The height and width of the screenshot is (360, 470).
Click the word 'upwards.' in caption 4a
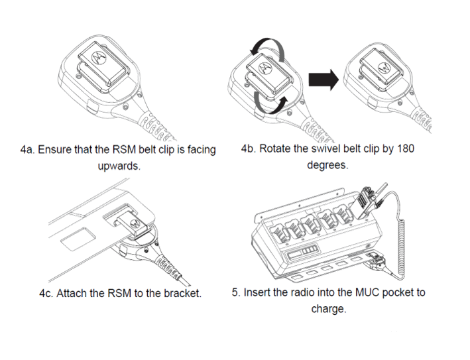coord(119,166)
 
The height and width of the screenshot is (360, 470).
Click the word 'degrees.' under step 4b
coord(327,165)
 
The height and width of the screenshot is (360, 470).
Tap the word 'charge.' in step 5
coord(329,308)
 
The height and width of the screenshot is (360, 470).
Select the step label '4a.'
coord(28,149)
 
